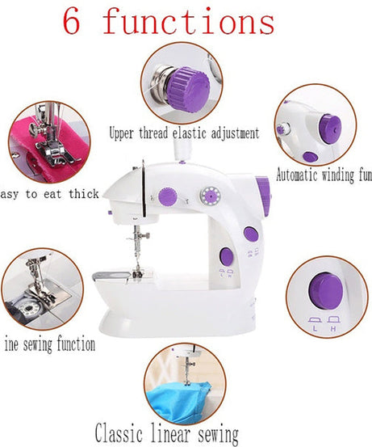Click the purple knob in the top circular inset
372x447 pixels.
pos(189,80)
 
